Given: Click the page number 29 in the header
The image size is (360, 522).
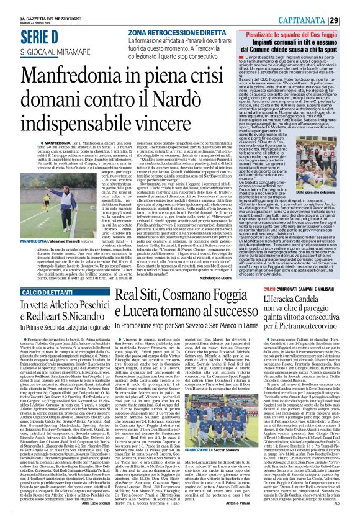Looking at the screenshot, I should [x=351, y=20].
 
